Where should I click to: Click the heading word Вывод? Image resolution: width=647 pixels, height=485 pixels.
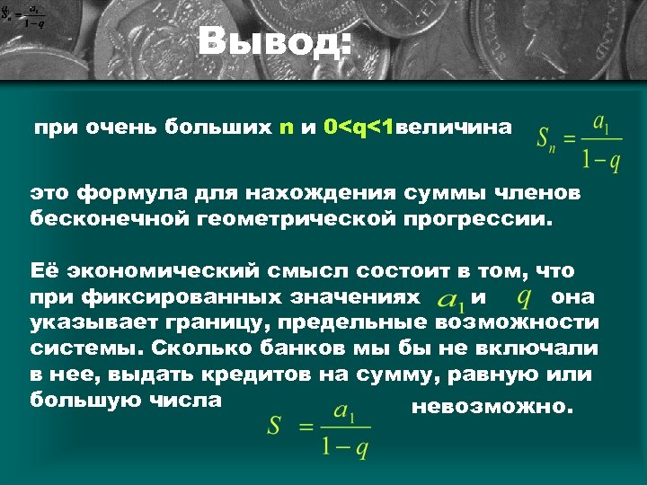[275, 42]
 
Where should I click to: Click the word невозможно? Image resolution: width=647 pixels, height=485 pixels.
[490, 407]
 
